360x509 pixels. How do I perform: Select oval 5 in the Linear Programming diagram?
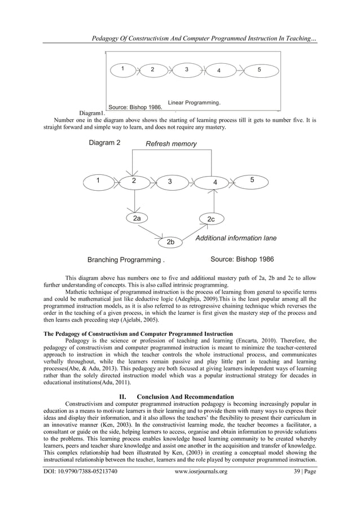(x=259, y=69)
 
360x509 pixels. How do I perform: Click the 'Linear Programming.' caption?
(x=194, y=102)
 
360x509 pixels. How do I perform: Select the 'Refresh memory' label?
(x=171, y=144)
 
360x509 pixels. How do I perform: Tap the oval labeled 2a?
(x=137, y=217)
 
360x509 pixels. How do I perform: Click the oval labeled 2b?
(x=170, y=242)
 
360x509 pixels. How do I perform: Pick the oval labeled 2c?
(x=210, y=218)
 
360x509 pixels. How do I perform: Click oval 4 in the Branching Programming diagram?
(x=214, y=182)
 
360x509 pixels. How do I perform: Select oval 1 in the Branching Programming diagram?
(x=98, y=181)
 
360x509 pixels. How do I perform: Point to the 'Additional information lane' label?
(x=236, y=238)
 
